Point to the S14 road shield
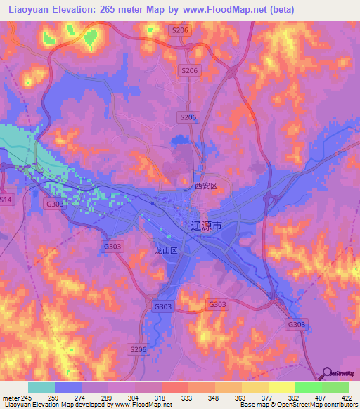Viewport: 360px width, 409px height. (6, 200)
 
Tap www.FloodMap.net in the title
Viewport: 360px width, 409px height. (227, 9)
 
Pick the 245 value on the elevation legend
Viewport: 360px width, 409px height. (27, 398)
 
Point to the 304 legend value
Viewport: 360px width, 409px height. (129, 398)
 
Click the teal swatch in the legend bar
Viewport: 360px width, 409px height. (41, 387)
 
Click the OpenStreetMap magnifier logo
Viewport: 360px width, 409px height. (326, 373)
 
